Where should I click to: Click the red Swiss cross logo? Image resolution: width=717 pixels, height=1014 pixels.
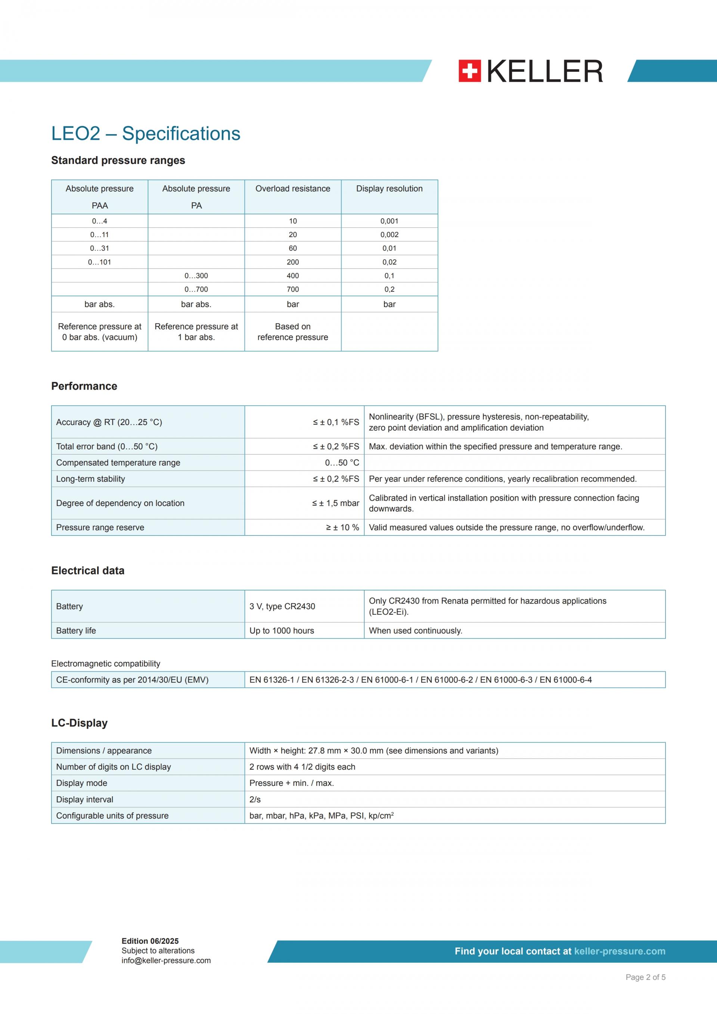[469, 71]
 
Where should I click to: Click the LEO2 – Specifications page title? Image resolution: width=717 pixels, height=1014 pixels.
[146, 134]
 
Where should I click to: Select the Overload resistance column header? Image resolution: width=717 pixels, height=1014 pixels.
[293, 189]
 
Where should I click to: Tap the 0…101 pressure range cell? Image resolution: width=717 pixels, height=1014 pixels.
[99, 262]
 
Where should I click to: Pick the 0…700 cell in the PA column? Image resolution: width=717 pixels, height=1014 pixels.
[196, 289]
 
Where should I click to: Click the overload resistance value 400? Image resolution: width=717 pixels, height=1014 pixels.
[293, 276]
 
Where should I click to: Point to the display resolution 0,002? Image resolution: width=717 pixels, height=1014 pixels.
[389, 235]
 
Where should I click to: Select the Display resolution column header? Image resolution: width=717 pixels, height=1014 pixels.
[389, 189]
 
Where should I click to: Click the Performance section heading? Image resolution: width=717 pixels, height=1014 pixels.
[84, 386]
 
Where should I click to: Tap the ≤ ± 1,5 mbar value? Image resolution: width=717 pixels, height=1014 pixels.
[336, 503]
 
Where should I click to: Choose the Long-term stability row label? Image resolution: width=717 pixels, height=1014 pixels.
[90, 479]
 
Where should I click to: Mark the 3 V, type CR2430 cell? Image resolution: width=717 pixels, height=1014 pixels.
[282, 607]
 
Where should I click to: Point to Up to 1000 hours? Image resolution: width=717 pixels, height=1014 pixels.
[282, 631]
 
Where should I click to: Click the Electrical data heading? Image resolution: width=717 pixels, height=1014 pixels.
[88, 571]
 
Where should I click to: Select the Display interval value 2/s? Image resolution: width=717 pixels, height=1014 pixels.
[255, 799]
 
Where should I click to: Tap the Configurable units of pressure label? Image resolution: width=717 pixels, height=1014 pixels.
[112, 816]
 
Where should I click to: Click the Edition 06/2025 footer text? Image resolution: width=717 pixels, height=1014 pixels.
[150, 941]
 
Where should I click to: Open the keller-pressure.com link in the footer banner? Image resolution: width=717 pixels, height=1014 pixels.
[620, 951]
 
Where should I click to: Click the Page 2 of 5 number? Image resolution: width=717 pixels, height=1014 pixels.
[645, 977]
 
